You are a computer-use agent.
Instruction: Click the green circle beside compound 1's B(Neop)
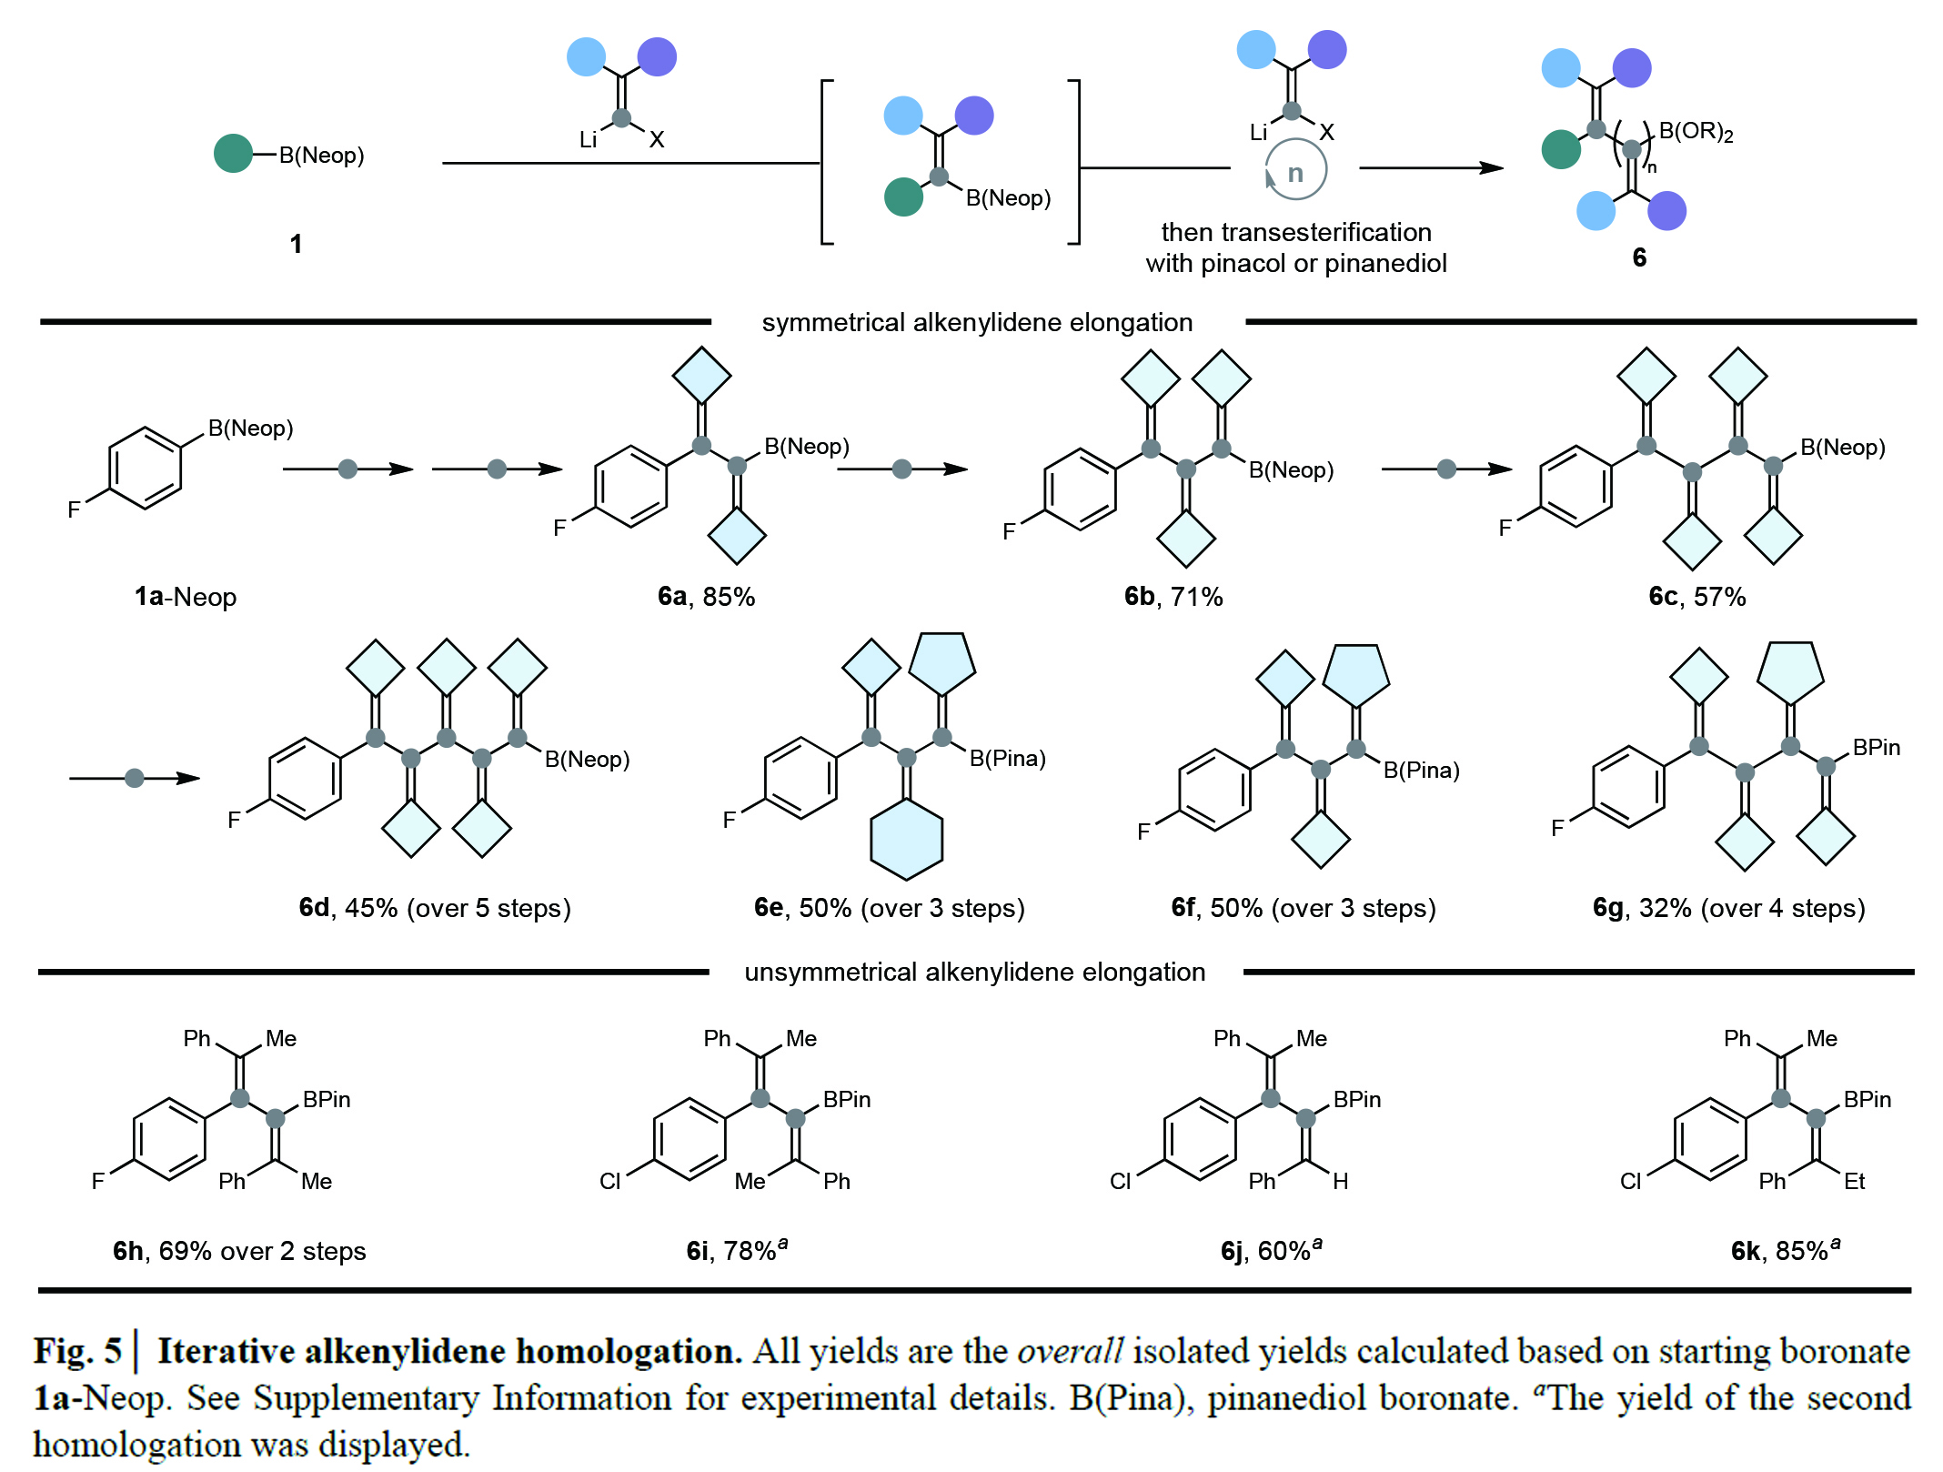(x=233, y=154)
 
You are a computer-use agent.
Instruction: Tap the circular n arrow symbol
(x=1295, y=170)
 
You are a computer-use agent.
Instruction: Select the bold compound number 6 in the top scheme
(x=1639, y=257)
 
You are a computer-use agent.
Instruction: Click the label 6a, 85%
(x=706, y=597)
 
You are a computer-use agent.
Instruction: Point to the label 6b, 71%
(x=1173, y=597)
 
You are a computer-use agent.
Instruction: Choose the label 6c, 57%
(x=1697, y=597)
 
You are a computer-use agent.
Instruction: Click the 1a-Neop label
(x=186, y=597)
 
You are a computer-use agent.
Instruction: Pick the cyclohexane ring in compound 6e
(x=907, y=839)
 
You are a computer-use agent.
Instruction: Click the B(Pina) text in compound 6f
(x=1421, y=771)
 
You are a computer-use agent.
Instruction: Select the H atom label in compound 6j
(x=1341, y=1181)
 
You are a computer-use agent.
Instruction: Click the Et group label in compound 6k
(x=1854, y=1181)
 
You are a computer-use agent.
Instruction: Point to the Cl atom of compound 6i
(x=609, y=1181)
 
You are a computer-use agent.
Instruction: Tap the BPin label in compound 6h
(x=327, y=1099)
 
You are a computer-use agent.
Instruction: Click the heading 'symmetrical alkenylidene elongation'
(x=977, y=322)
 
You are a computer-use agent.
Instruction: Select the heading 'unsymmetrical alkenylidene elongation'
(x=975, y=972)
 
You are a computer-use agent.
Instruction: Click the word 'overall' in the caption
(x=1070, y=1351)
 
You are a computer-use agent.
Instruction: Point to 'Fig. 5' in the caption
(x=77, y=1351)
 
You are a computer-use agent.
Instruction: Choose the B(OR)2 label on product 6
(x=1696, y=132)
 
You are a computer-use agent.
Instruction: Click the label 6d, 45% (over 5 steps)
(x=435, y=908)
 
